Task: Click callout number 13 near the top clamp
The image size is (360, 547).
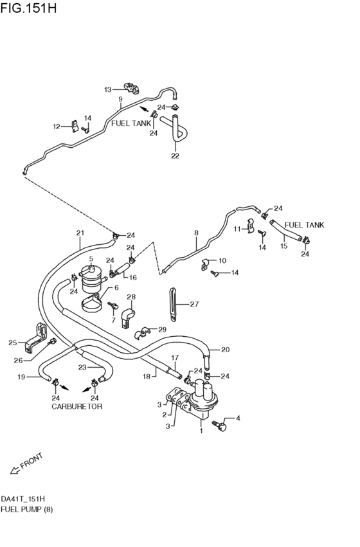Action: coord(108,89)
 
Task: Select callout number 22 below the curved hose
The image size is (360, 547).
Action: coord(174,156)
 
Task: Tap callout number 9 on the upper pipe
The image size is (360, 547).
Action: coord(120,100)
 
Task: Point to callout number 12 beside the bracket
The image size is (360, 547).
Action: coord(56,127)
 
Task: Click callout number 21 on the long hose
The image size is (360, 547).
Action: coord(80,233)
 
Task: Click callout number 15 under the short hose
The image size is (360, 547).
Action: coord(283,246)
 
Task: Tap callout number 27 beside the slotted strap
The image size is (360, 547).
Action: coord(195,305)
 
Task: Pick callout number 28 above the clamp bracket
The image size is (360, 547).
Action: coord(130,297)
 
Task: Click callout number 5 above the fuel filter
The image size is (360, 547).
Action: coord(91,259)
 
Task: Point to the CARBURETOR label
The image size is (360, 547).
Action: coord(76,407)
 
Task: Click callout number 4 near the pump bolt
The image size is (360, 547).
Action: coord(237,418)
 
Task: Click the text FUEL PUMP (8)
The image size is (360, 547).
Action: coord(27,510)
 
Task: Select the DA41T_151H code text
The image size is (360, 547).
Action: coord(22,499)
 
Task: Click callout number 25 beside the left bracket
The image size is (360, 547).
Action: coord(12,343)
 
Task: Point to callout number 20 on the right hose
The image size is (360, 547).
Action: coord(225,350)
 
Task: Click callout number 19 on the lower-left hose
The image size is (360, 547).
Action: coord(21,377)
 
